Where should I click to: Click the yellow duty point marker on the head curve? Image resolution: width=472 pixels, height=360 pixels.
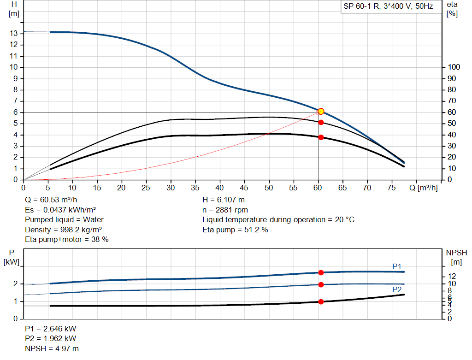click(x=321, y=111)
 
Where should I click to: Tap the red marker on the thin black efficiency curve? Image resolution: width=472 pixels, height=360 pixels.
click(x=321, y=122)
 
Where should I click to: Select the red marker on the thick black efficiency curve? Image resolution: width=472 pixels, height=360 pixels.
click(x=321, y=137)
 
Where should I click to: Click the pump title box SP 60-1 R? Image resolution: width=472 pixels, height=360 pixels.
click(x=388, y=7)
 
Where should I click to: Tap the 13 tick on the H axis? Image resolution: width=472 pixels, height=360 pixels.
click(x=14, y=33)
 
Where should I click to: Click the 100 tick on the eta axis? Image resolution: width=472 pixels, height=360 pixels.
click(x=454, y=67)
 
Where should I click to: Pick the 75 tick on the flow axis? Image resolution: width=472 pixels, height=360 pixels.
click(x=392, y=188)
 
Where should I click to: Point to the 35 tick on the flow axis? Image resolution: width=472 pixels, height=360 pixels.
click(x=195, y=188)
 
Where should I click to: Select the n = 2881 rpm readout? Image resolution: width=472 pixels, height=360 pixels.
click(x=225, y=210)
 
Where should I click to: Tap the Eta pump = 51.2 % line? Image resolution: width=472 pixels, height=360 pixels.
click(x=235, y=230)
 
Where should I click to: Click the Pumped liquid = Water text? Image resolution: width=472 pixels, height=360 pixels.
click(x=64, y=219)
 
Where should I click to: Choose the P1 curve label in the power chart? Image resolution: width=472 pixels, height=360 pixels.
click(x=396, y=266)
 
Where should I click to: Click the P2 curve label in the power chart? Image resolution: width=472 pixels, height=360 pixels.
click(x=396, y=289)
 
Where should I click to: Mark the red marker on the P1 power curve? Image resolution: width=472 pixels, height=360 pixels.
click(x=321, y=272)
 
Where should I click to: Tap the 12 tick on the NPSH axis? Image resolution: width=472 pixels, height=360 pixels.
click(x=453, y=276)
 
